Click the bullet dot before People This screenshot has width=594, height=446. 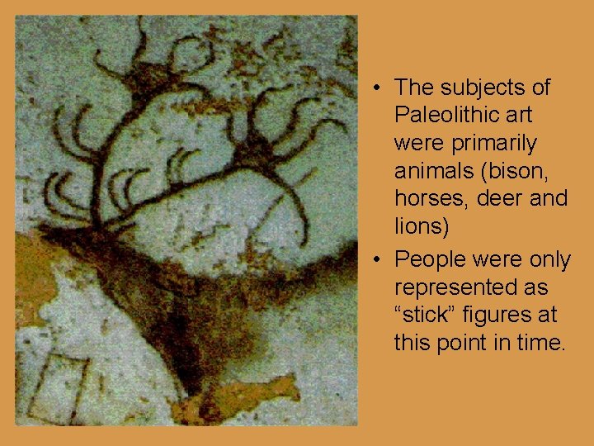coord(375,261)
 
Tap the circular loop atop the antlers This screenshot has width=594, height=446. coord(193,53)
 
